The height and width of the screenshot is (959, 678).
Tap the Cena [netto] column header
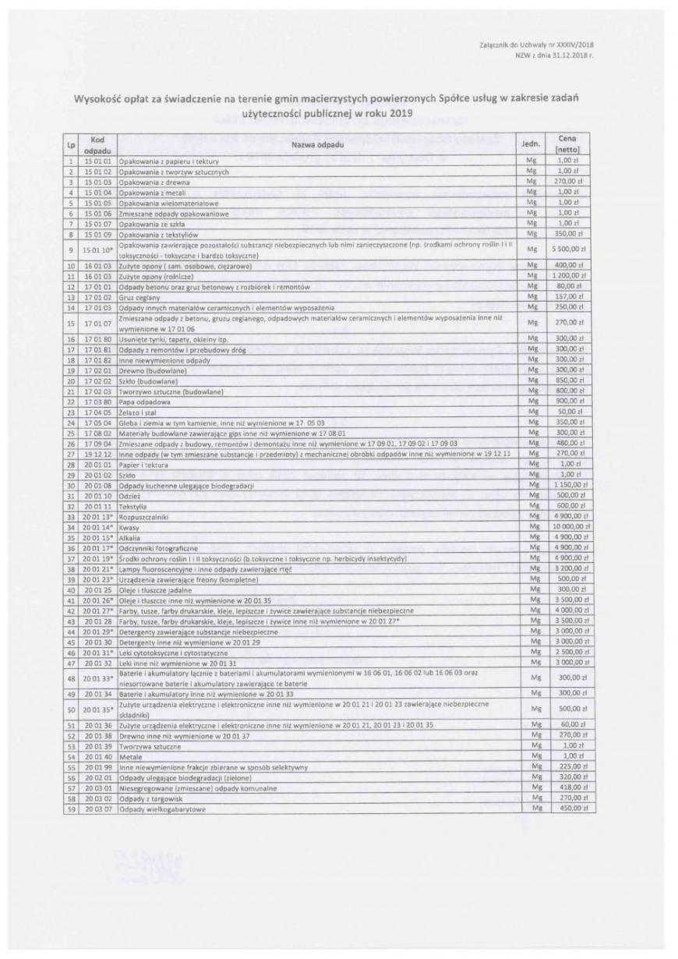(577, 143)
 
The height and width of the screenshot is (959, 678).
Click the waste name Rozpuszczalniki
(143, 516)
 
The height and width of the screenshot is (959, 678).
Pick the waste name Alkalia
(129, 537)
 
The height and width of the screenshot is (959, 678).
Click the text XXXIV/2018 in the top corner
(577, 47)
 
